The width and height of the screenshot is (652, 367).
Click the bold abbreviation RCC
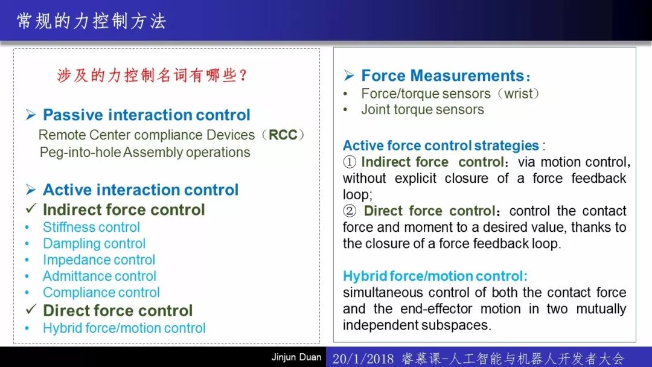(x=283, y=135)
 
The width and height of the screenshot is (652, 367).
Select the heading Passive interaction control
(x=146, y=115)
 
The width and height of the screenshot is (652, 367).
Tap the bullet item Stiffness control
(x=92, y=227)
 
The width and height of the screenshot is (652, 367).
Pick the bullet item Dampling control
(x=94, y=243)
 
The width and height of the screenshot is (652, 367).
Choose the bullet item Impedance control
(x=99, y=260)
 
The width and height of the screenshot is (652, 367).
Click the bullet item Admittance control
(x=100, y=276)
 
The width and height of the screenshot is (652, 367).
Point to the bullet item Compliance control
(x=101, y=292)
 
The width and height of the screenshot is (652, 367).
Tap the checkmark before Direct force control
(x=31, y=309)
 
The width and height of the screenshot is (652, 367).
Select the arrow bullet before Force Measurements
(x=350, y=75)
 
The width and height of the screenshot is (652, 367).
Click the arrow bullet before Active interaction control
(x=31, y=190)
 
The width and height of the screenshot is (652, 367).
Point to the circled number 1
(x=350, y=162)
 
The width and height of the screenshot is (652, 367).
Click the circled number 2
(x=350, y=211)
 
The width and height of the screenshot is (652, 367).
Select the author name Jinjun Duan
(x=296, y=357)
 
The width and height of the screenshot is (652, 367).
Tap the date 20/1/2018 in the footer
(x=363, y=359)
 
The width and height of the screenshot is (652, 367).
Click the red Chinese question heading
(x=152, y=75)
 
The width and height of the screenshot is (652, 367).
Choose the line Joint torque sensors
(x=423, y=110)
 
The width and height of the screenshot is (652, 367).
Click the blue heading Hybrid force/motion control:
(x=435, y=276)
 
